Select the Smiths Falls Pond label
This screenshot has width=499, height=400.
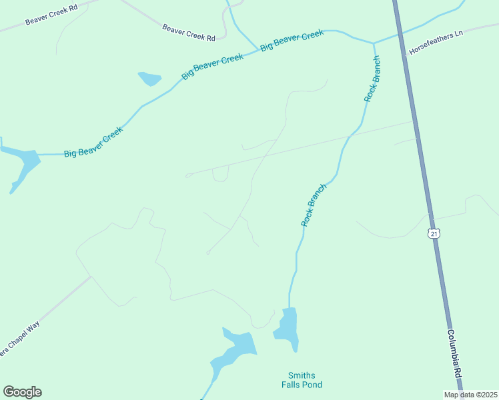coord(301,380)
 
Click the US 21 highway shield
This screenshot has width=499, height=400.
coord(434,234)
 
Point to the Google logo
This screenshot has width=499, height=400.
coord(22,392)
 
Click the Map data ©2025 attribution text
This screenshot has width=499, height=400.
coord(470,395)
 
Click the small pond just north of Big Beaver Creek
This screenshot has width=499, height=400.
coord(149,79)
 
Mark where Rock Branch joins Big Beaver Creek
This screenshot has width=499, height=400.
coord(374,43)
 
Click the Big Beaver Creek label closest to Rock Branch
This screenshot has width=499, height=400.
coord(292,40)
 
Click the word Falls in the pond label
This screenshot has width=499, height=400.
coord(301,385)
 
